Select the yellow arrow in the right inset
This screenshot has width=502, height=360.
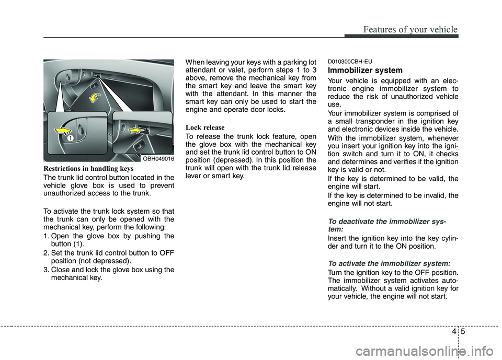(137, 127)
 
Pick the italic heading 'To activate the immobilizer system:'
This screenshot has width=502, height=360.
(389, 264)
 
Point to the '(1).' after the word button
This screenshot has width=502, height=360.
(81, 244)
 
